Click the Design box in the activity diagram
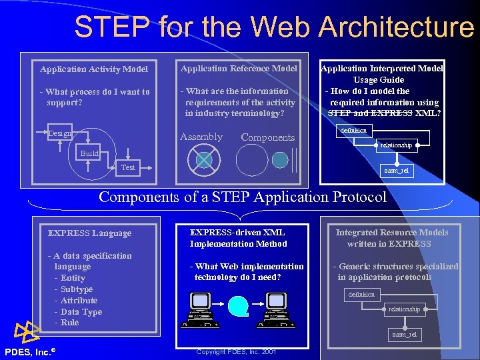[60, 134]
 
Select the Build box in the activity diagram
[89, 153]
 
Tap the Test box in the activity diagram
[128, 167]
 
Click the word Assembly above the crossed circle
[201, 137]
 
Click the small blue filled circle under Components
[281, 160]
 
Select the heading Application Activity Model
[94, 69]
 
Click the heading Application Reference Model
[239, 68]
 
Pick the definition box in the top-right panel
[353, 131]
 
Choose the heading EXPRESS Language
[90, 233]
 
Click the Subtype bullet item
[77, 289]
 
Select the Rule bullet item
[69, 323]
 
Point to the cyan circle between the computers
[238, 305]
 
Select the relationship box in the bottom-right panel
[405, 309]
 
